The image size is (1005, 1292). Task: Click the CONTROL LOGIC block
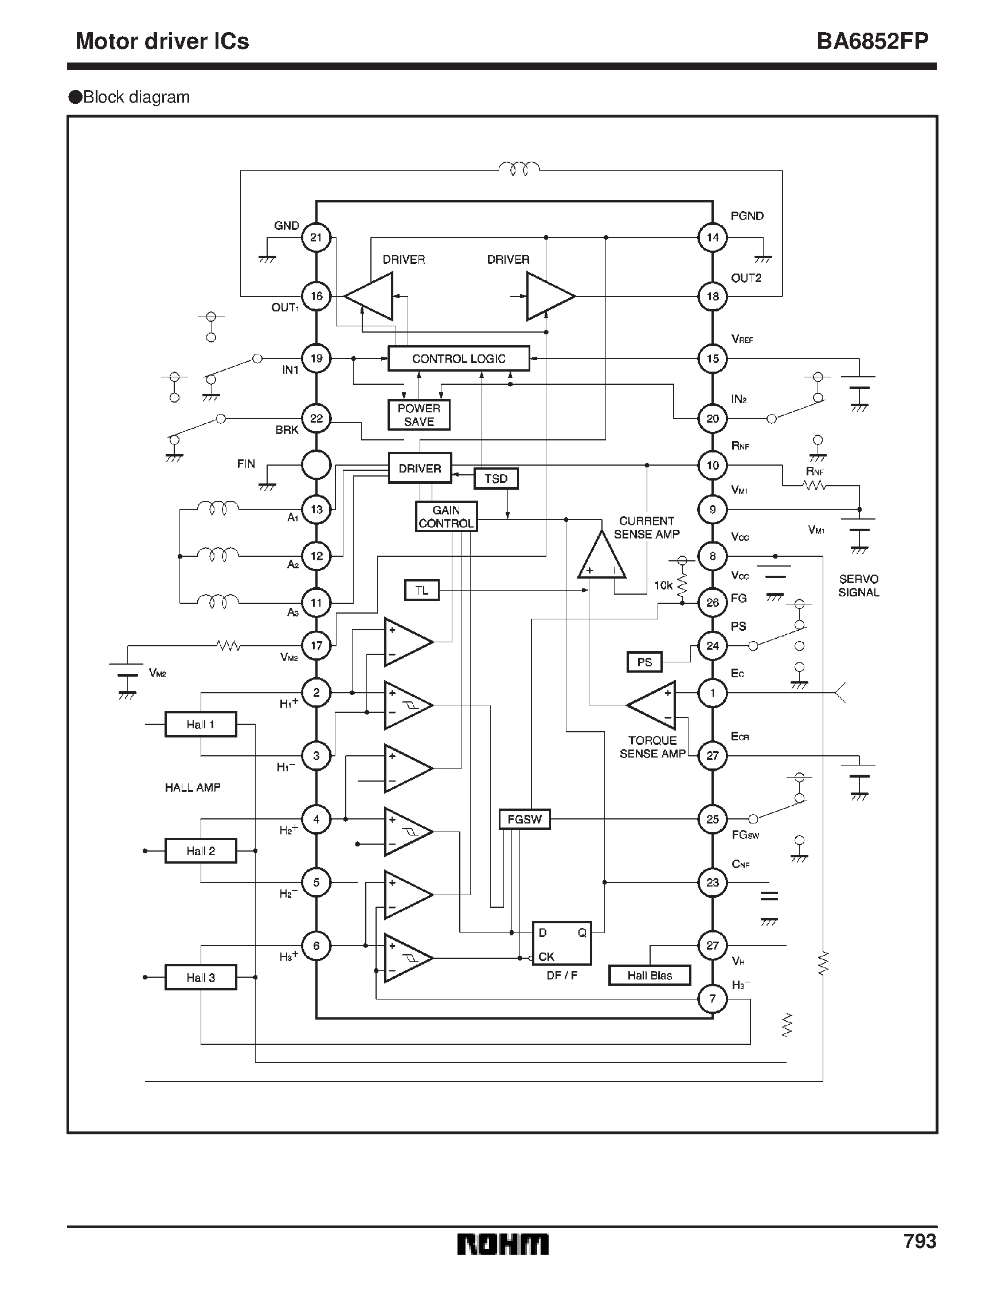point(459,358)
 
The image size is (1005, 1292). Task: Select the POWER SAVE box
point(419,415)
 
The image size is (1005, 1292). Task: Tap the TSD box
point(496,479)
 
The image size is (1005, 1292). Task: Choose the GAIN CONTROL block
point(446,517)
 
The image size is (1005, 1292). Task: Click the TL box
point(421,591)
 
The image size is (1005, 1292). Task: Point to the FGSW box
point(524,819)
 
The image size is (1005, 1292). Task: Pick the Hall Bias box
point(650,975)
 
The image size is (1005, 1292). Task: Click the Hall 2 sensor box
point(201,850)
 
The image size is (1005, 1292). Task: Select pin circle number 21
point(316,237)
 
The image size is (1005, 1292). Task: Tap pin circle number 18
point(712,296)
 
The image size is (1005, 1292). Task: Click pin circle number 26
point(712,602)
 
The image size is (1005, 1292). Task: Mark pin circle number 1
point(712,693)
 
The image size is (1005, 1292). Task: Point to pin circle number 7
point(712,998)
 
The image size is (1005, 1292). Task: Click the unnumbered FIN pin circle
point(316,465)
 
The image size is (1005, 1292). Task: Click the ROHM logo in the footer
point(502,1244)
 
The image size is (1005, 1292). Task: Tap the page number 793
point(919,1241)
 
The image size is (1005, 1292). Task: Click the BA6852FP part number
point(872,41)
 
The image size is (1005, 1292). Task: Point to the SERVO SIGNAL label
point(858,586)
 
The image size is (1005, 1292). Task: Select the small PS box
point(644,662)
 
